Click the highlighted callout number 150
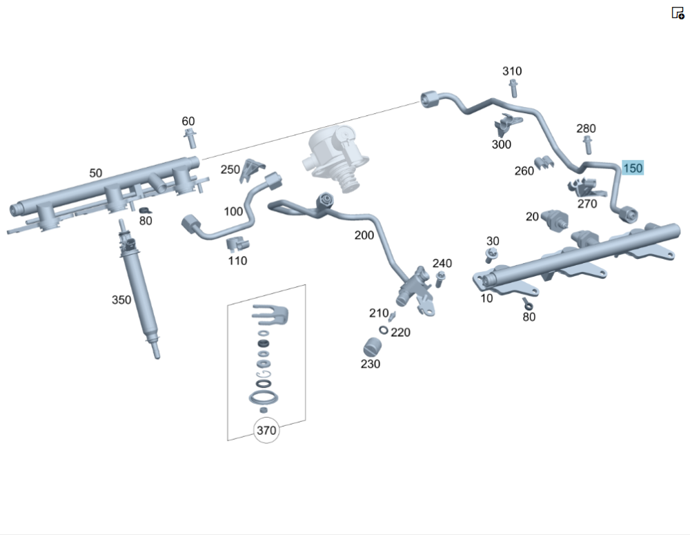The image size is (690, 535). tap(633, 168)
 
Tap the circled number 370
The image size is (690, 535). tap(266, 431)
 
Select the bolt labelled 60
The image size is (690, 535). tap(190, 139)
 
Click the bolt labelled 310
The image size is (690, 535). tap(513, 88)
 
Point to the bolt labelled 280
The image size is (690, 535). tap(587, 145)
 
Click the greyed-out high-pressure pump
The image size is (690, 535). tap(332, 157)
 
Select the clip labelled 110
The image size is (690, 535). tap(237, 243)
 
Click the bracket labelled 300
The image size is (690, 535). tap(506, 126)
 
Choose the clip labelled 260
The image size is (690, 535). tap(545, 163)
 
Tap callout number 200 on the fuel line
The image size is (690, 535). tap(364, 235)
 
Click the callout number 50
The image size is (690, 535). tap(95, 173)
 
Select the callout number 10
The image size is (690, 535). tap(487, 298)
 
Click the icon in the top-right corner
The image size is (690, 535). tap(678, 12)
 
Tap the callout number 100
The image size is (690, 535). tap(233, 211)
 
